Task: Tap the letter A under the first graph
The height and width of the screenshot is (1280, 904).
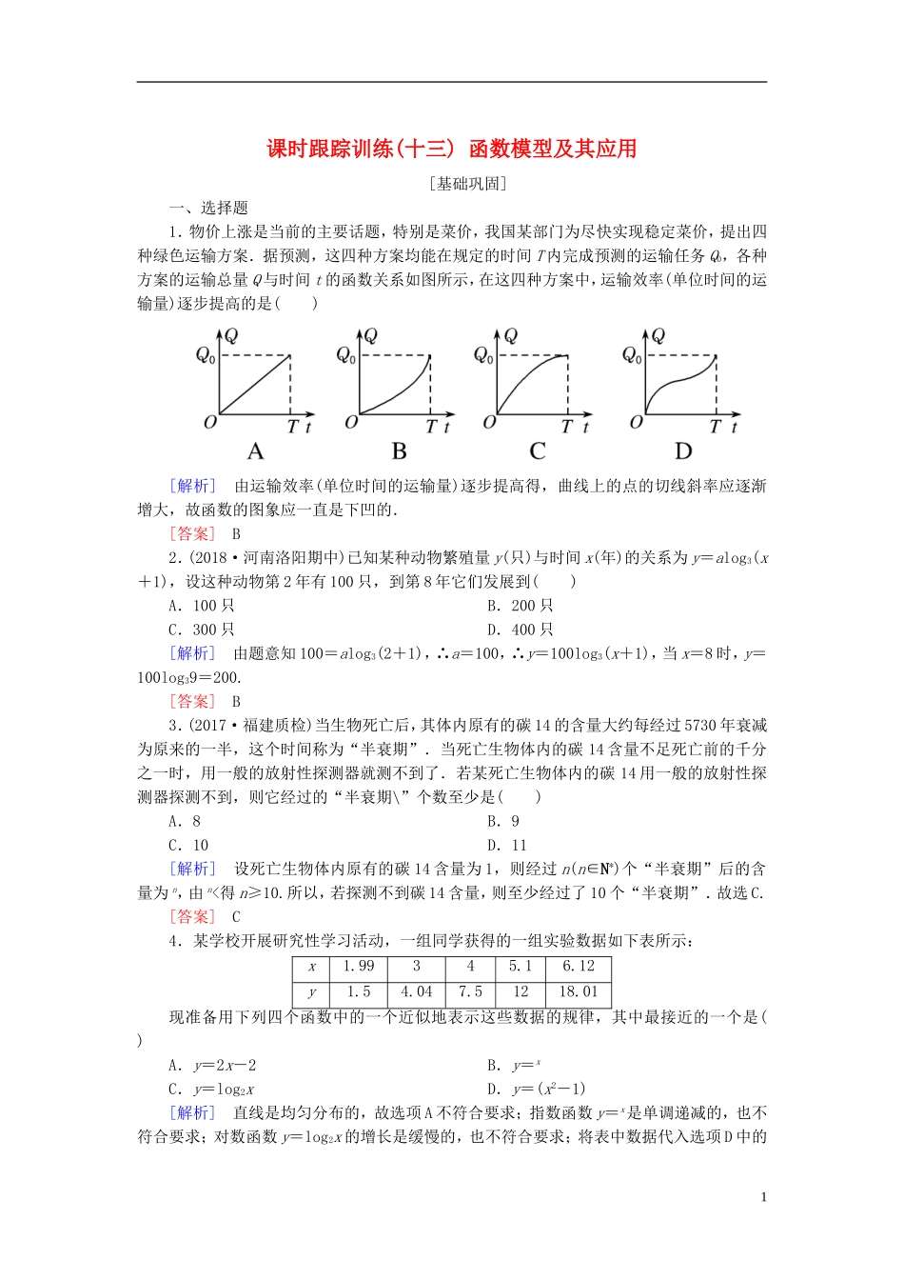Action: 255,451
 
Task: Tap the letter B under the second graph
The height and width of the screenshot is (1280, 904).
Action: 399,451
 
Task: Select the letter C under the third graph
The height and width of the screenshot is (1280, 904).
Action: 538,451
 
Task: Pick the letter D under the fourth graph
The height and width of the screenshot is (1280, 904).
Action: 683,451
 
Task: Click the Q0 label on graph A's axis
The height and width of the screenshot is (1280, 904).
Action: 205,355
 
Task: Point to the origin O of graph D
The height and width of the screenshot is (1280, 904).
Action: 636,422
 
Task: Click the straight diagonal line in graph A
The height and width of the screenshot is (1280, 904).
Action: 255,386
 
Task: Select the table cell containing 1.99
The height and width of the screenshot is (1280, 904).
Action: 359,967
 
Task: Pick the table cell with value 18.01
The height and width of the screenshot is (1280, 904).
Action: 579,991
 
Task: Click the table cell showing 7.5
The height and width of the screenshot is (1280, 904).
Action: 470,991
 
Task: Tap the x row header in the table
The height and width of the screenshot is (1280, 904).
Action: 311,967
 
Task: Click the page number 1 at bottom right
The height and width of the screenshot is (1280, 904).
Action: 763,1197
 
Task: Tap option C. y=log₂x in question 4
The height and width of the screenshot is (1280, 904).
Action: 211,1089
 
